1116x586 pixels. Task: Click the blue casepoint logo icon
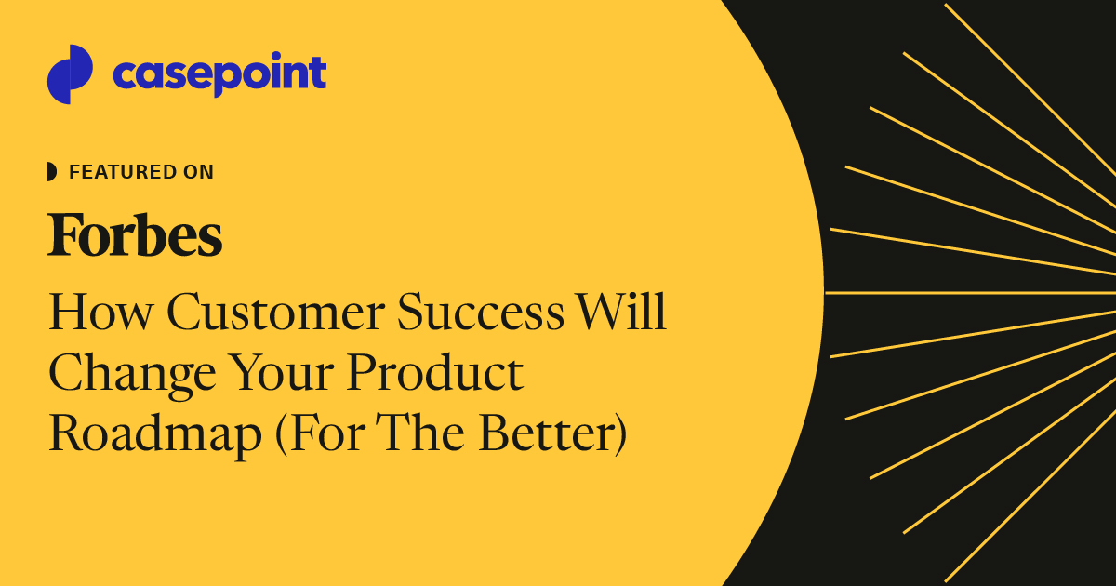coord(70,74)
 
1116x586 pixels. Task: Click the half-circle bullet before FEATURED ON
coord(52,172)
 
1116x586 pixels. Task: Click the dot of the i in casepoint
coord(271,60)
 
